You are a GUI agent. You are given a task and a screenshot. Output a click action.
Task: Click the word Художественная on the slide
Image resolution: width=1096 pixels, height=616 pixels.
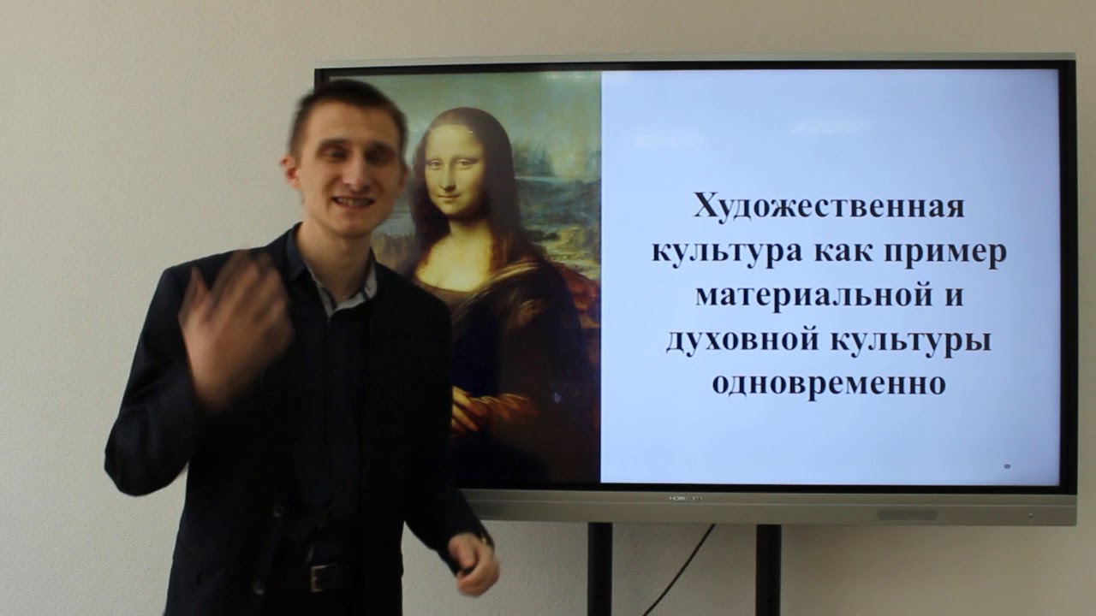pos(829,207)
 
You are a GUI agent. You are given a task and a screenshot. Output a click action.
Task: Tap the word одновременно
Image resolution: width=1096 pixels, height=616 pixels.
pos(828,383)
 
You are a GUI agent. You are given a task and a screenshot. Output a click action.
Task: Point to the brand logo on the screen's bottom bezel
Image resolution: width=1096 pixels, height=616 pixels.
pos(685,498)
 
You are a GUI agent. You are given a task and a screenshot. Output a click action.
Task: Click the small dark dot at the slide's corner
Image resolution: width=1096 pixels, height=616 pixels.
pos(1006,466)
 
